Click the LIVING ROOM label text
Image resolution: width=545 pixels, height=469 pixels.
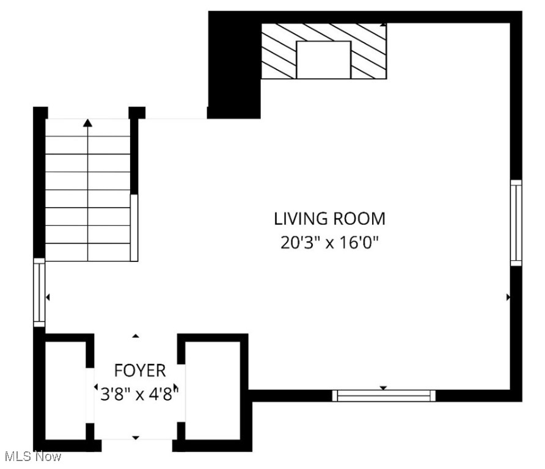click(x=329, y=219)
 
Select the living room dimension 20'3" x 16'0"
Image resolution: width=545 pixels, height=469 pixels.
click(x=329, y=242)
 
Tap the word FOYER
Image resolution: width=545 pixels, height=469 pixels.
click(x=139, y=370)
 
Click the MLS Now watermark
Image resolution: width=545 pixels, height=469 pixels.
click(x=31, y=457)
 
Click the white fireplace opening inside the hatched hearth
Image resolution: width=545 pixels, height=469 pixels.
click(x=323, y=59)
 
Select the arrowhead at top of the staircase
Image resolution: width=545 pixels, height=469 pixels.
click(x=88, y=123)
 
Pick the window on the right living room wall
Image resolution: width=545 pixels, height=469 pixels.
click(x=516, y=223)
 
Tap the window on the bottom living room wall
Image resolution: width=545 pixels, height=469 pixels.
click(x=384, y=396)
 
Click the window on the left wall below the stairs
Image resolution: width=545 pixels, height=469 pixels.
click(x=39, y=292)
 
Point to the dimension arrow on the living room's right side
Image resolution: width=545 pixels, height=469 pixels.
click(x=508, y=297)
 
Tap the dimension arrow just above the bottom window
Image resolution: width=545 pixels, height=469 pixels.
click(x=383, y=388)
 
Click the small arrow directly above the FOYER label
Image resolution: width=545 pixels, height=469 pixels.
click(x=136, y=336)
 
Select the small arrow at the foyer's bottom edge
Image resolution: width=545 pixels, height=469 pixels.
click(x=136, y=437)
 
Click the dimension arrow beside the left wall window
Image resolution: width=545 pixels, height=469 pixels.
click(x=48, y=297)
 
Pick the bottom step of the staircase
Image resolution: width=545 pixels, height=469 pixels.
click(x=88, y=252)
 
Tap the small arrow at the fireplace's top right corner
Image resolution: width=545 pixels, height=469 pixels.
click(x=383, y=25)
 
